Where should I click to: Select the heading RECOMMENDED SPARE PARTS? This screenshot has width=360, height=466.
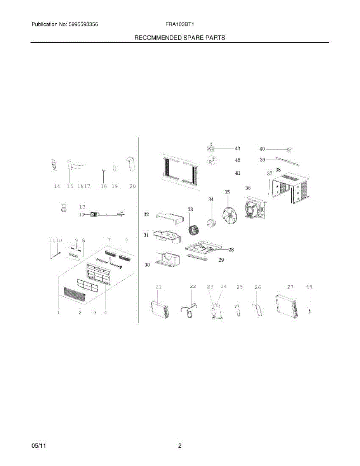pyautogui.click(x=180, y=38)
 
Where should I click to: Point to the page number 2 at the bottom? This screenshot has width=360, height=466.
pyautogui.click(x=180, y=446)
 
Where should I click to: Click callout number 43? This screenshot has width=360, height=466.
pyautogui.click(x=237, y=148)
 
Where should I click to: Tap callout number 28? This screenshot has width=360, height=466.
pyautogui.click(x=231, y=250)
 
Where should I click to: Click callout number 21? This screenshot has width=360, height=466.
pyautogui.click(x=158, y=287)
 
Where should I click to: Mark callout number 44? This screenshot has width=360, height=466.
pyautogui.click(x=309, y=287)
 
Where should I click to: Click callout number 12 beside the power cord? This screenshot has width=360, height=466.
pyautogui.click(x=82, y=214)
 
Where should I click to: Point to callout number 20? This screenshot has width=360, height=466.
pyautogui.click(x=132, y=186)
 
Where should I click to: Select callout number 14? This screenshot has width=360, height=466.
pyautogui.click(x=57, y=186)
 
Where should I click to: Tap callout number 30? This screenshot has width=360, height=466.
pyautogui.click(x=147, y=265)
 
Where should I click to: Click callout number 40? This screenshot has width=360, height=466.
pyautogui.click(x=262, y=149)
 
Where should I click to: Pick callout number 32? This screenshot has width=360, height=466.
pyautogui.click(x=146, y=214)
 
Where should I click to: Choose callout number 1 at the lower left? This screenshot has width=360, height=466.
pyautogui.click(x=59, y=312)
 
